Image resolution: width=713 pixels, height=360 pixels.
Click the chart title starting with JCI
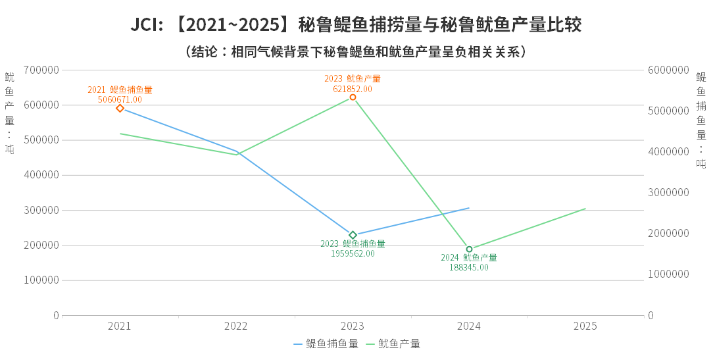pyautogui.click(x=356, y=25)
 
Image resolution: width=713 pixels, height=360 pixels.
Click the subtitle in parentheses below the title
pyautogui.click(x=356, y=52)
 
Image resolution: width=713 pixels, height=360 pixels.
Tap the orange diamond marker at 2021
pyautogui.click(x=120, y=108)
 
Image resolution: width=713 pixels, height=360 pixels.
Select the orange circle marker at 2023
pyautogui.click(x=353, y=97)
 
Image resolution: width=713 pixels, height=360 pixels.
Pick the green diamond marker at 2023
pyautogui.click(x=353, y=235)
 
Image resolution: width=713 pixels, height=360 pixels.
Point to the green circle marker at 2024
pyautogui.click(x=469, y=249)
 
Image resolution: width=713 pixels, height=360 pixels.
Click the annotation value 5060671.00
pyautogui.click(x=120, y=99)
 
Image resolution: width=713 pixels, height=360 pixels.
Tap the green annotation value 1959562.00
pyautogui.click(x=353, y=253)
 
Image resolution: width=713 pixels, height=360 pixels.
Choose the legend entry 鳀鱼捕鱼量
pyautogui.click(x=326, y=344)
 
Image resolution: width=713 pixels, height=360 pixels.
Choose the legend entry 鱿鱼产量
pyautogui.click(x=393, y=344)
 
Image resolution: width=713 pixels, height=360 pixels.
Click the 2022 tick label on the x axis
pyautogui.click(x=235, y=326)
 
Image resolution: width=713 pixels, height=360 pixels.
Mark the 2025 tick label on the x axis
pyautogui.click(x=585, y=326)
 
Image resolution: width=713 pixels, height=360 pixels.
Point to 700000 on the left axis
pyautogui.click(x=41, y=70)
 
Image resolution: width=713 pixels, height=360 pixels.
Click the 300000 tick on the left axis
pyautogui.click(x=41, y=211)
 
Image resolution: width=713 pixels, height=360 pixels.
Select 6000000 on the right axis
pyautogui.click(x=668, y=70)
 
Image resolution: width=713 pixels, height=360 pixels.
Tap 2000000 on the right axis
pyautogui.click(x=668, y=234)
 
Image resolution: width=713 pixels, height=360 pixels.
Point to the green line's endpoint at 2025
pyautogui.click(x=585, y=209)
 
